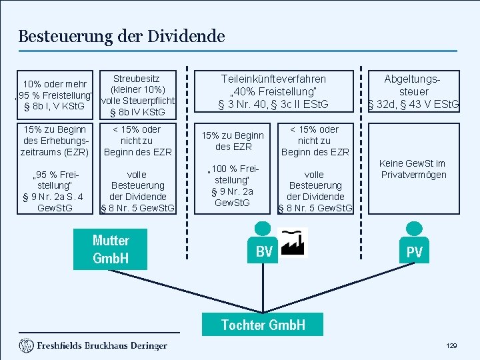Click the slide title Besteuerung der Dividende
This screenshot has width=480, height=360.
(x=121, y=36)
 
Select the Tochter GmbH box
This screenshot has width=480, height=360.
(x=263, y=325)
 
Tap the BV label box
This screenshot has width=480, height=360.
(x=264, y=252)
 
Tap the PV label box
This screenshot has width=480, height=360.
(x=415, y=252)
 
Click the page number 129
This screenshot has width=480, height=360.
(x=451, y=346)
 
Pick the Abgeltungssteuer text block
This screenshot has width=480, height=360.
(x=414, y=91)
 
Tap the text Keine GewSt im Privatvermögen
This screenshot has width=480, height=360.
(x=413, y=169)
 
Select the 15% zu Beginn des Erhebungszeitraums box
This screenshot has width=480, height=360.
(x=55, y=141)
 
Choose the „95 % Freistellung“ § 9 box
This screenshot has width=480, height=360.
(x=55, y=191)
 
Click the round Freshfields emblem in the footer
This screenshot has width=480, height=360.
(x=26, y=345)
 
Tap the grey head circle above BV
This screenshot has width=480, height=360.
(x=265, y=227)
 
